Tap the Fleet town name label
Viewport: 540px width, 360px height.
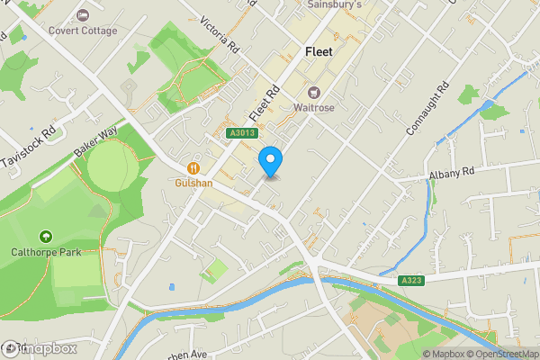click(319, 52)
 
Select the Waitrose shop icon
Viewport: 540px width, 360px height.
click(314, 92)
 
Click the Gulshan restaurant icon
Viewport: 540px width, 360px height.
click(193, 167)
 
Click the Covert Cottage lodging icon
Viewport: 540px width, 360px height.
click(84, 15)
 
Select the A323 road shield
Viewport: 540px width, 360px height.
click(410, 282)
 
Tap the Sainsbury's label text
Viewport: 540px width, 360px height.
click(334, 4)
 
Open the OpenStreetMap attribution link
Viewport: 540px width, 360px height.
click(498, 354)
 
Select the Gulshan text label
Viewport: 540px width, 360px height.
click(193, 183)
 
